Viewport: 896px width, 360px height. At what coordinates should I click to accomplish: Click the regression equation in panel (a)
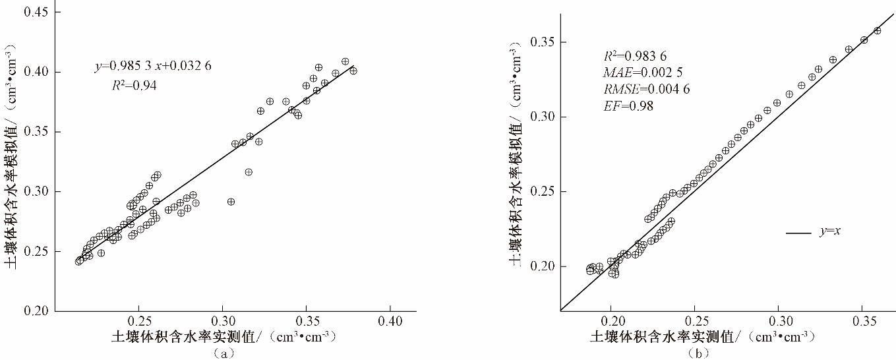(x=152, y=66)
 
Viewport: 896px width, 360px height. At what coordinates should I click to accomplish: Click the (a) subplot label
(x=225, y=353)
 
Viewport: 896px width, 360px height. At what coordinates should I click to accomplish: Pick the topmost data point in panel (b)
(x=877, y=30)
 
